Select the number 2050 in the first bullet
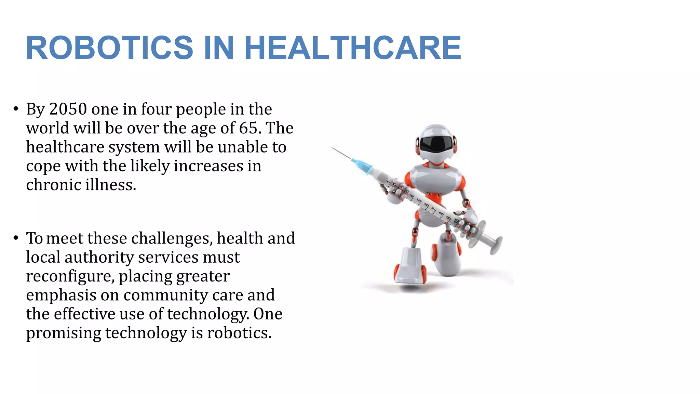(x=68, y=109)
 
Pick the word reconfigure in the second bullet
(x=70, y=276)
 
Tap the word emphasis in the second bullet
(x=61, y=295)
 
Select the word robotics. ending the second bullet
(x=239, y=333)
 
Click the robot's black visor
(x=435, y=143)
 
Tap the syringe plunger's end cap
(x=496, y=245)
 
